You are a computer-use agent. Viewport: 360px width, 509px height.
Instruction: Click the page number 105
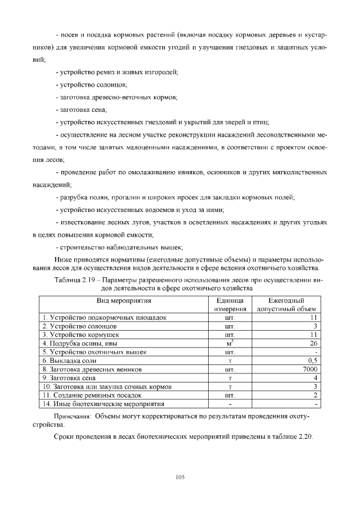click(x=180, y=477)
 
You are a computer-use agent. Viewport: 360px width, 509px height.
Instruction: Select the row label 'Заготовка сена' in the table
click(x=69, y=378)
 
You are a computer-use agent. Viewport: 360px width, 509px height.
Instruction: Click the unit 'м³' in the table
click(x=229, y=343)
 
